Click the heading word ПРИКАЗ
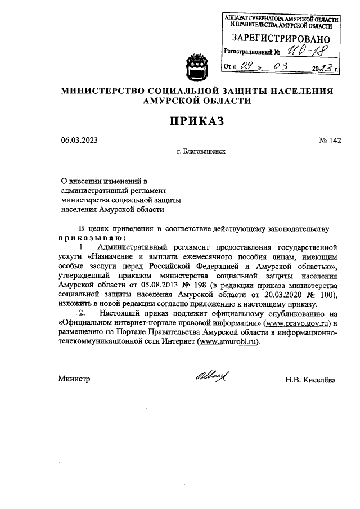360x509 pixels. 197,121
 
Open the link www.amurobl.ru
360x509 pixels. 228,343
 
